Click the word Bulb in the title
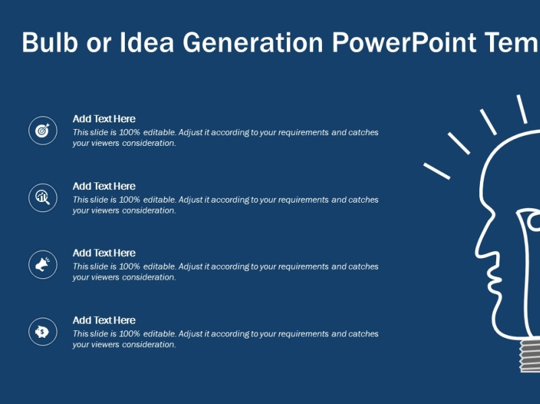(50, 42)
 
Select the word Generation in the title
(252, 42)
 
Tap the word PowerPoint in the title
(404, 42)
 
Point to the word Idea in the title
(146, 42)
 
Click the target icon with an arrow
(43, 130)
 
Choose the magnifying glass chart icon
(43, 197)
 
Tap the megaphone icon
(43, 264)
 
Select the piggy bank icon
(42, 332)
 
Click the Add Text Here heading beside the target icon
(104, 119)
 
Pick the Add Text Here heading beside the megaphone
(104, 253)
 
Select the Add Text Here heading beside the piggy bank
(104, 320)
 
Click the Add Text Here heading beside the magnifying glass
(104, 186)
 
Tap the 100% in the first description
(130, 132)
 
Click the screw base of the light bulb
(529, 355)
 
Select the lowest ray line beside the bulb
(437, 171)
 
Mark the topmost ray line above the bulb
(522, 109)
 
